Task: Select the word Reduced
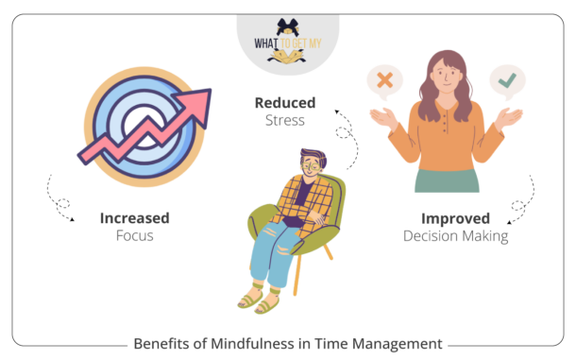283,101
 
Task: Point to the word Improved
454,218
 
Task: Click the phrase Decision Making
454,236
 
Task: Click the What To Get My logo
287,42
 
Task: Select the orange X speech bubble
383,81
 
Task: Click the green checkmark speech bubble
507,81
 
